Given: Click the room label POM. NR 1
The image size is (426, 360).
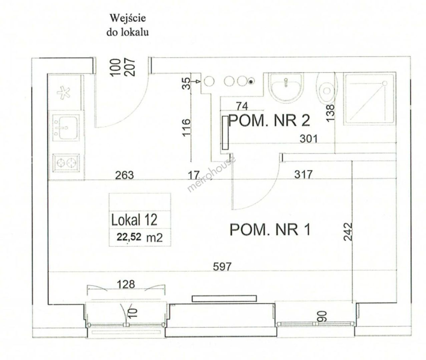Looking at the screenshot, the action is click(270, 230).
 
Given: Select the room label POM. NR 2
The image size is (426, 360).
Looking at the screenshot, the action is click(269, 121).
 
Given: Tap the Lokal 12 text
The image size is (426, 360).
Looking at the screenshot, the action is click(134, 220).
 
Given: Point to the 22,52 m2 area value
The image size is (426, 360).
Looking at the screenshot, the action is click(140, 237).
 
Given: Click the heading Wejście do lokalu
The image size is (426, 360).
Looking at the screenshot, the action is click(127, 25).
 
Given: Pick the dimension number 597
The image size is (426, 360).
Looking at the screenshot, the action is click(222, 267).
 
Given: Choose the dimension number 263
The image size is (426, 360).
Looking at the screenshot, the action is click(124, 175).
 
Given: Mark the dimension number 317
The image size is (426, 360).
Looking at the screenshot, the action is click(303, 174).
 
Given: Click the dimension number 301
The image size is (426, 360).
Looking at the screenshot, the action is click(309, 139).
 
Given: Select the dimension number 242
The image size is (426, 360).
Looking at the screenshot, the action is click(348, 231).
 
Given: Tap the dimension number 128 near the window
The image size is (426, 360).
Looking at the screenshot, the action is click(126, 284).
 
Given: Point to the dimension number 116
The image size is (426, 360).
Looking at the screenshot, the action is click(186, 127).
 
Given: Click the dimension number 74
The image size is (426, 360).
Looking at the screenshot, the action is click(242, 106).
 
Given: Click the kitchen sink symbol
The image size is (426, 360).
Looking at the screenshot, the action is click(66, 128).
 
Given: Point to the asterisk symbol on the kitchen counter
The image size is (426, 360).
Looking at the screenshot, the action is click(64, 93).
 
